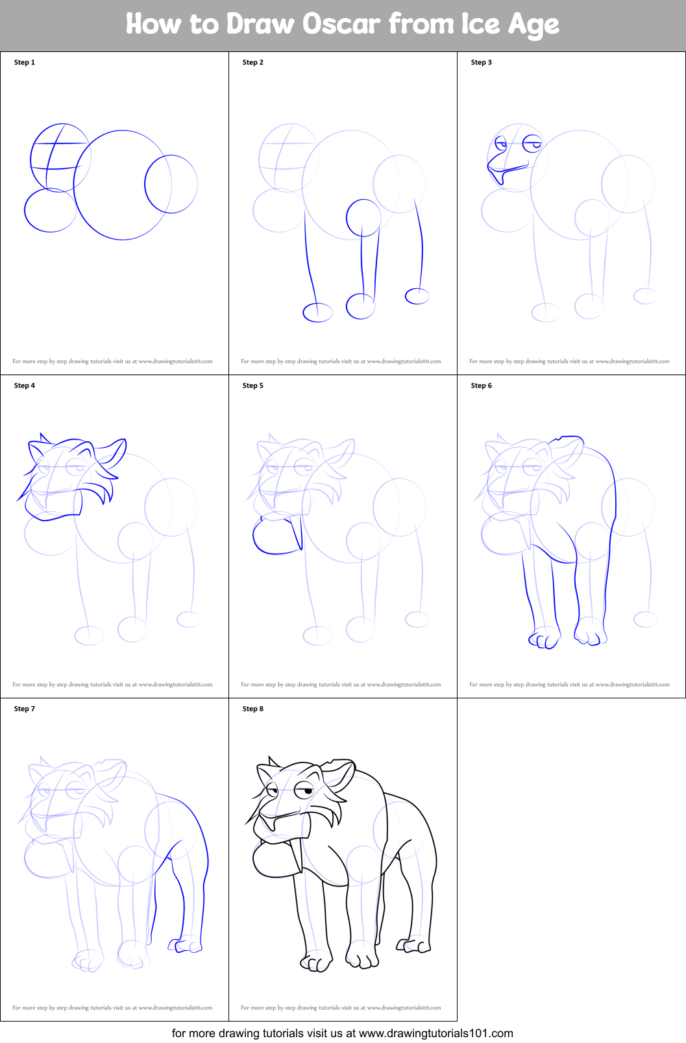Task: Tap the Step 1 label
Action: tap(25, 62)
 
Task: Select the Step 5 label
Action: tap(252, 386)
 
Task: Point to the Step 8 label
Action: tap(252, 709)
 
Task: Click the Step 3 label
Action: tap(481, 62)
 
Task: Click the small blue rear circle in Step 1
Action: tap(171, 184)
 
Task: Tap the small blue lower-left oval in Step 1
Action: tap(50, 210)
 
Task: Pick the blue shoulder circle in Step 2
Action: tap(363, 218)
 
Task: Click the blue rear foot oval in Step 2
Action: tap(417, 296)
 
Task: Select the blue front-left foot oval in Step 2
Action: tap(317, 313)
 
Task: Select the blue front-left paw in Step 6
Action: tap(544, 640)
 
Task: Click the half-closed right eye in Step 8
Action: tap(304, 791)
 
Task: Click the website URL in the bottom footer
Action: tap(435, 1033)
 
